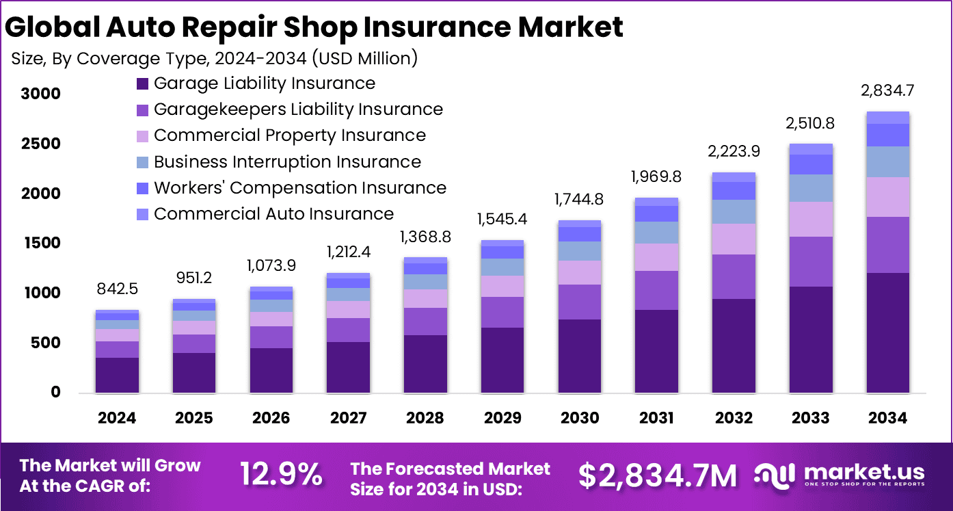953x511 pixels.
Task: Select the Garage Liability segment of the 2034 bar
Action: [887, 332]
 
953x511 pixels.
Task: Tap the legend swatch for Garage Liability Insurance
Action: [142, 84]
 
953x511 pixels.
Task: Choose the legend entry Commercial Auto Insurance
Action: [273, 214]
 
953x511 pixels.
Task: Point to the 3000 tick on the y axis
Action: [40, 94]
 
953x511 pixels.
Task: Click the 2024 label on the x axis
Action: [117, 418]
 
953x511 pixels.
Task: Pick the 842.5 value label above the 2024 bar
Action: [117, 289]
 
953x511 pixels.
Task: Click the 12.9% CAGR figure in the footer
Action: [281, 474]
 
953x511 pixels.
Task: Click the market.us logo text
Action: [864, 472]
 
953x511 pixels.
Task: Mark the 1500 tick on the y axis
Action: [40, 244]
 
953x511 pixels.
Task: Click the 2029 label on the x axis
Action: [502, 418]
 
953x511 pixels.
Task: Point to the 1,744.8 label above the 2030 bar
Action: [579, 200]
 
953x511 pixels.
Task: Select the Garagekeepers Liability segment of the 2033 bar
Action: [810, 261]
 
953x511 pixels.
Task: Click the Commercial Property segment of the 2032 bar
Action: [734, 239]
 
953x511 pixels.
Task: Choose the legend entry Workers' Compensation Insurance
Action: [299, 188]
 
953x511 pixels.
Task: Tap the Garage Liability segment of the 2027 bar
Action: [348, 367]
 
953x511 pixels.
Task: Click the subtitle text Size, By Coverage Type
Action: [109, 59]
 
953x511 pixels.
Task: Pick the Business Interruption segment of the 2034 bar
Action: [887, 161]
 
